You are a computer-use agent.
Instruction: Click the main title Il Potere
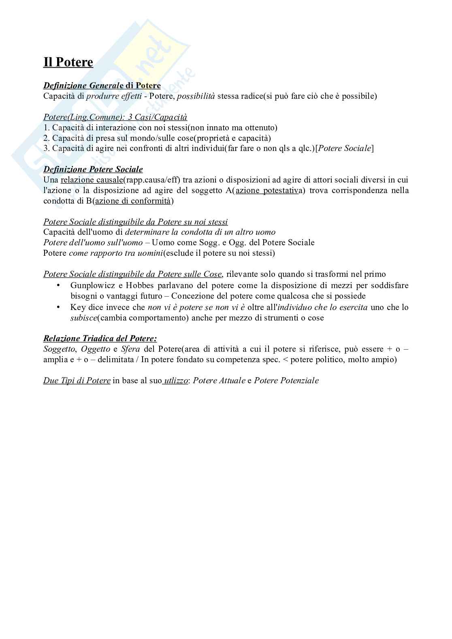[x=68, y=62]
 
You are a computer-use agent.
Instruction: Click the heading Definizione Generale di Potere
[x=102, y=85]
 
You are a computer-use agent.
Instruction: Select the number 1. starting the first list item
[x=46, y=127]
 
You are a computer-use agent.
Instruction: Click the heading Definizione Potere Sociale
[x=93, y=169]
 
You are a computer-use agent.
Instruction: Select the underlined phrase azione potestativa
[x=267, y=190]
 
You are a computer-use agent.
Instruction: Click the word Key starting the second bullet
[x=78, y=307]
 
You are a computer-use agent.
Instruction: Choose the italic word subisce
[x=84, y=318]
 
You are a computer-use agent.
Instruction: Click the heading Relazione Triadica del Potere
[x=100, y=338]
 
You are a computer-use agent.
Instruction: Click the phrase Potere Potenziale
[x=286, y=381]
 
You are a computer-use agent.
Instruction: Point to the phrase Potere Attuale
[x=219, y=381]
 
